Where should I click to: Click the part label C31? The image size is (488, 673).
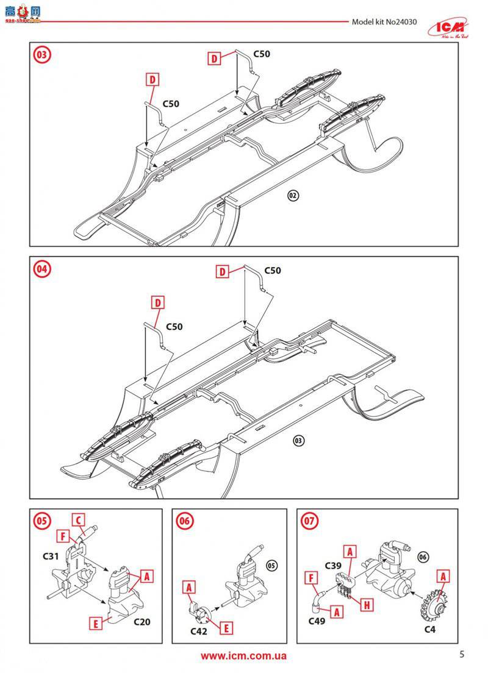pos(51,557)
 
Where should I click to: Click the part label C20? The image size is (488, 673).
pos(141,622)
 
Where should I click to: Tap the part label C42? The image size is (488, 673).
pos(199,632)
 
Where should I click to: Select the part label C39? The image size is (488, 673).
pos(332,565)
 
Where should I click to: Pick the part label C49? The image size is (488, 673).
pos(316,622)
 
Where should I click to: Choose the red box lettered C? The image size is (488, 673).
pos(77,520)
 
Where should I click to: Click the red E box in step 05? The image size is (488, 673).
pos(95,623)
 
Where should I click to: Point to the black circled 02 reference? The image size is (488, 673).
pos(293,196)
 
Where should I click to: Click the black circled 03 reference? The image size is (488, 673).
pos(298,441)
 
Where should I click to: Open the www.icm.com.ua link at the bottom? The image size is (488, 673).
pos(243,656)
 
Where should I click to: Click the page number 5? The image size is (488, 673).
pos(462,655)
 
